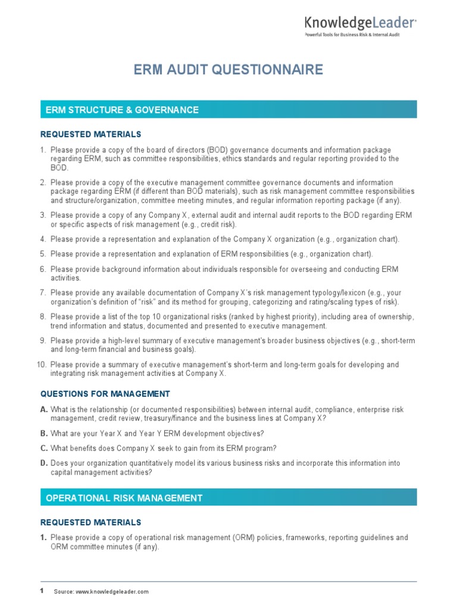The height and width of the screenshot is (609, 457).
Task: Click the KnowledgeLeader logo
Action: click(360, 23)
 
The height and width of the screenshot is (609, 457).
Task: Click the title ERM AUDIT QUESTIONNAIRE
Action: click(228, 70)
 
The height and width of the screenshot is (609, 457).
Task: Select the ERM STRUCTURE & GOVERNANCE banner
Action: click(228, 110)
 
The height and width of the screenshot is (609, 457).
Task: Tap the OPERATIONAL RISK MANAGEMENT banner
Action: click(228, 498)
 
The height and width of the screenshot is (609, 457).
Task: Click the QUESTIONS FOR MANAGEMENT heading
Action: click(105, 394)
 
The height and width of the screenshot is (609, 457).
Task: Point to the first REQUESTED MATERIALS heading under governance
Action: click(90, 134)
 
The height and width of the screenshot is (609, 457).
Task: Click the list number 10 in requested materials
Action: click(43, 365)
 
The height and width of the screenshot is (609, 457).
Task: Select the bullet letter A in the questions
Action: click(43, 410)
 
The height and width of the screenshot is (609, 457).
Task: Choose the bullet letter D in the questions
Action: click(43, 463)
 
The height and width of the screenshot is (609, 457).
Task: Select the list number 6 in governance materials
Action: click(43, 269)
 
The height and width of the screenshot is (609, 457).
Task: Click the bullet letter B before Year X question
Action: click(43, 433)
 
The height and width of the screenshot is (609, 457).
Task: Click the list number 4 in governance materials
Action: click(43, 239)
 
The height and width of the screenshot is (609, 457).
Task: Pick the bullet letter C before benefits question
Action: click(43, 448)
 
